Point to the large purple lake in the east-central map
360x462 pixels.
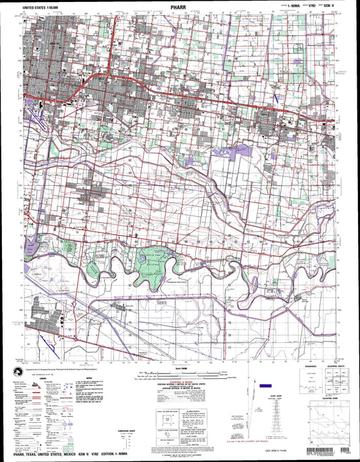236,153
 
